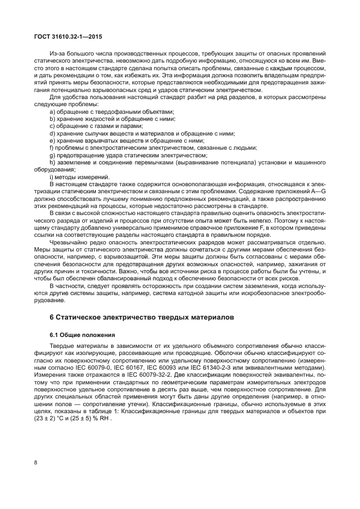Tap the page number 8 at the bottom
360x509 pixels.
click(35, 463)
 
